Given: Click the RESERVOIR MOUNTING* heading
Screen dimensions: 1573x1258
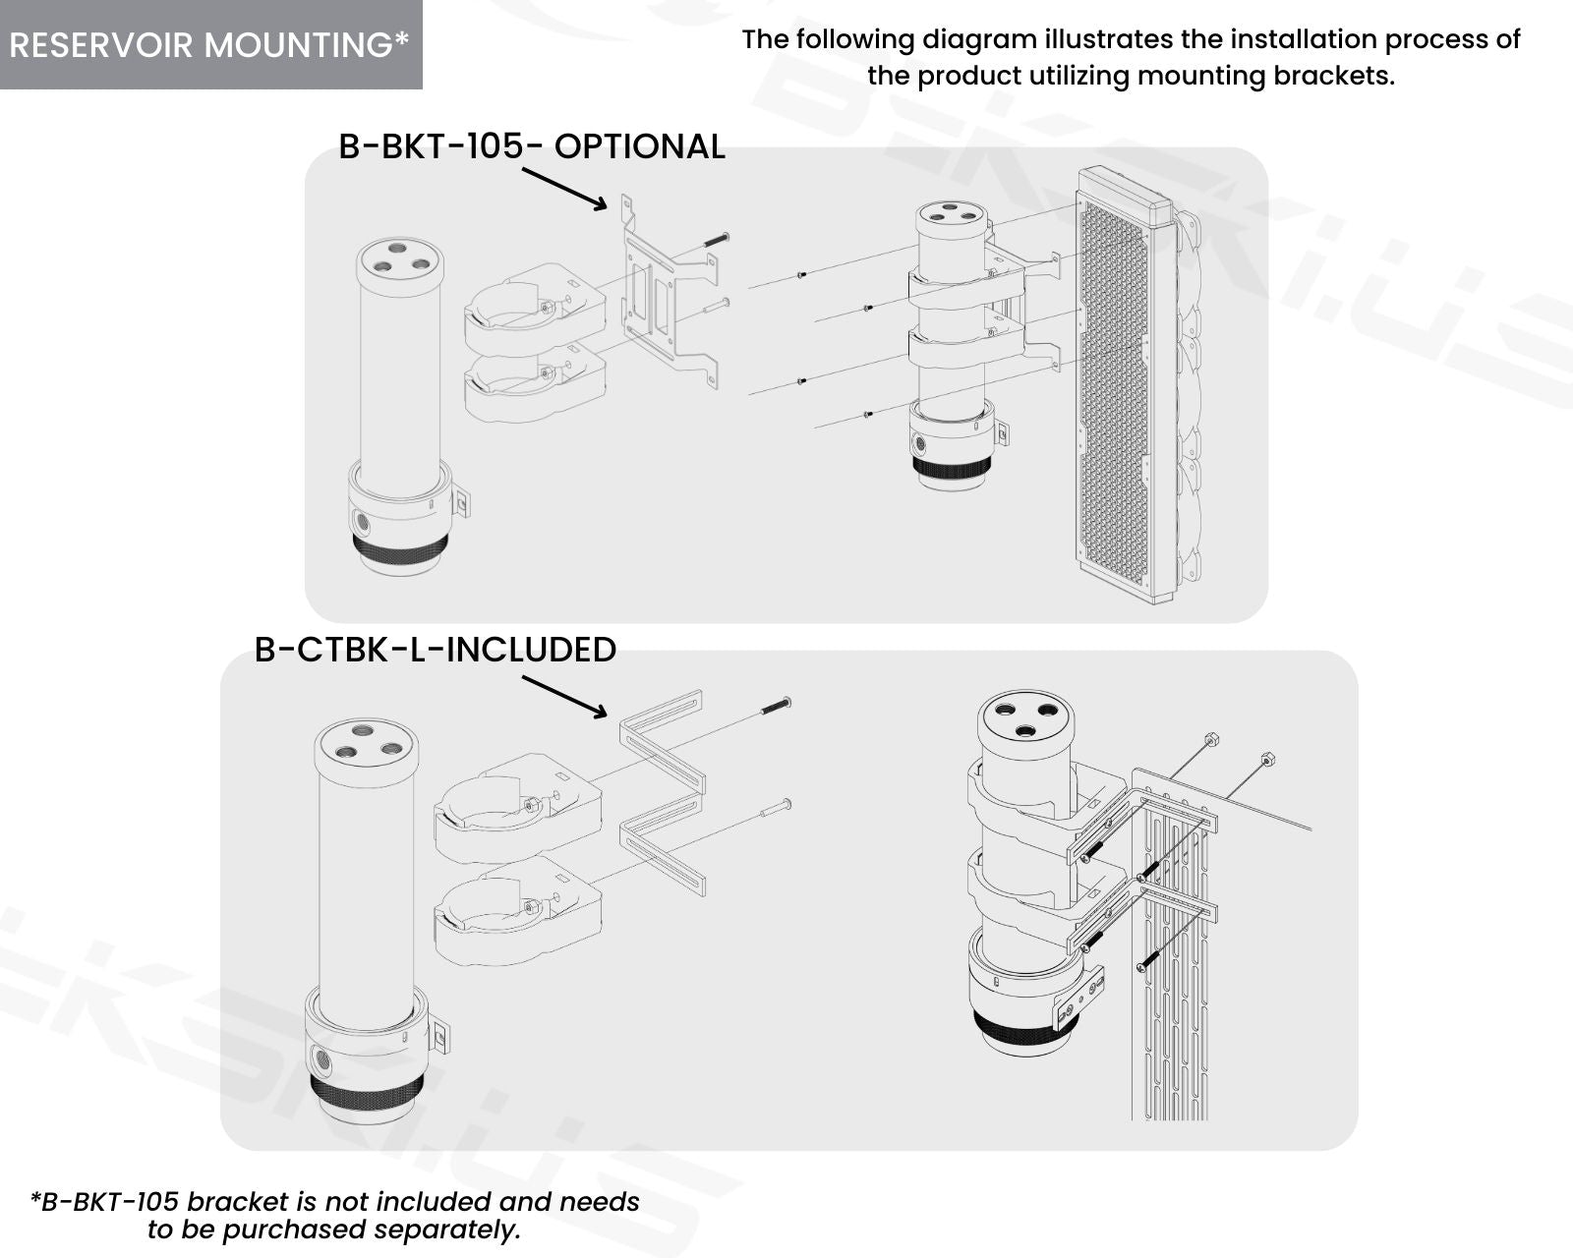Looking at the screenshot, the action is tap(209, 44).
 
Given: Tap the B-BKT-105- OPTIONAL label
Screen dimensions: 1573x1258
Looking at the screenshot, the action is tap(532, 146).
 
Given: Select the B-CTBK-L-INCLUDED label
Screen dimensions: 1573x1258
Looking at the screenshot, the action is tap(436, 649).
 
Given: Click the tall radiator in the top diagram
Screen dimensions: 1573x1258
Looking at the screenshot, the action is tap(1119, 386).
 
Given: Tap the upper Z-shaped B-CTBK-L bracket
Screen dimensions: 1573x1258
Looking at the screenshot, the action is tap(662, 743).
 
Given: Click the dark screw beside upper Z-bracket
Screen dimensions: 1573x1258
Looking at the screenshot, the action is tap(776, 706).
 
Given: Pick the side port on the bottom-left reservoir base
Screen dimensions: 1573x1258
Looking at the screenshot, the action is tap(320, 1057).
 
